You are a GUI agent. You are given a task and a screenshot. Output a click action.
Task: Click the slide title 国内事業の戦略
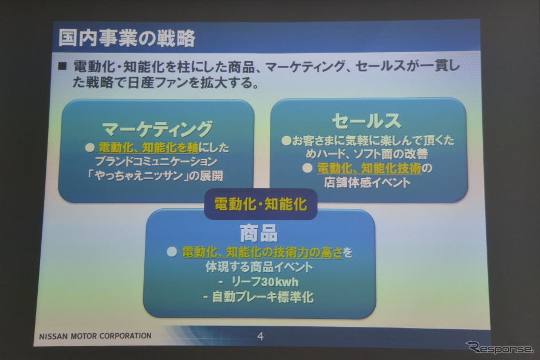pyautogui.click(x=127, y=38)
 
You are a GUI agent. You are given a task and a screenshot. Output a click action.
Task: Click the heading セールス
pyautogui.click(x=366, y=121)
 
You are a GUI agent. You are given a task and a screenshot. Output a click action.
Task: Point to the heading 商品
pyautogui.click(x=258, y=233)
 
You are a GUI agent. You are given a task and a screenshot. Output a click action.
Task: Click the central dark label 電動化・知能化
pyautogui.click(x=261, y=203)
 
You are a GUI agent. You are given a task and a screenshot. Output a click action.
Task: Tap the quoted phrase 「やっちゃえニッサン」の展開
pyautogui.click(x=159, y=176)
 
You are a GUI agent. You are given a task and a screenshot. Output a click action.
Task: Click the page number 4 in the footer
pyautogui.click(x=260, y=336)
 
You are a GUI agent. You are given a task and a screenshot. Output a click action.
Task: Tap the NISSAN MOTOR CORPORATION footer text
pyautogui.click(x=95, y=335)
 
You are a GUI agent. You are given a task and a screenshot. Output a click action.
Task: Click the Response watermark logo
pyautogui.click(x=498, y=347)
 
